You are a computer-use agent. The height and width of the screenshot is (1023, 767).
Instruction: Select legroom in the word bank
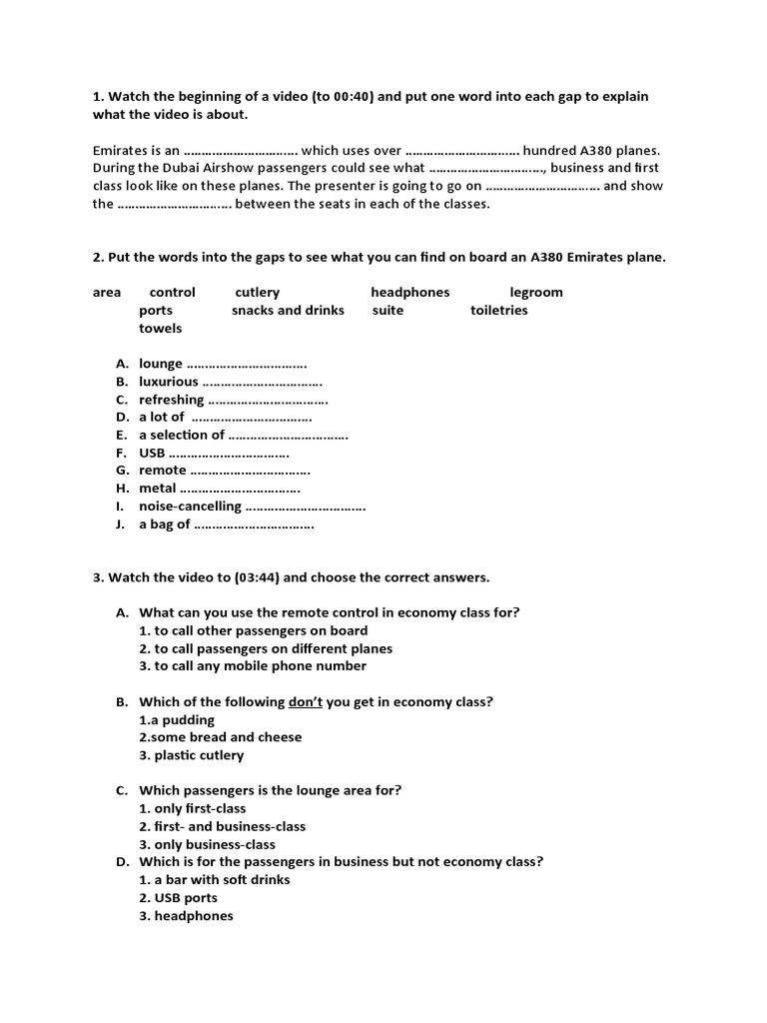(x=536, y=293)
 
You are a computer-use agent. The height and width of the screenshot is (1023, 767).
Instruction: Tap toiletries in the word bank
(x=498, y=311)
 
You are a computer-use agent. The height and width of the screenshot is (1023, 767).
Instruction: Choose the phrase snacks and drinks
(x=288, y=311)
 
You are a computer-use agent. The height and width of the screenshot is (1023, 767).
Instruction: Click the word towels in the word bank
(x=160, y=329)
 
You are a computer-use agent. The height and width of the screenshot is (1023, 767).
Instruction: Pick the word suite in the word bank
(x=387, y=311)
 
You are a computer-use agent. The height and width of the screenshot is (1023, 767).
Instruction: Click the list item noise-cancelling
(x=190, y=507)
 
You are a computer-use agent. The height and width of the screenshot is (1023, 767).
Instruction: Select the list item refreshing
(x=171, y=400)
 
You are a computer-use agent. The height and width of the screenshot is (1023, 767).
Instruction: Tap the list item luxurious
(x=168, y=382)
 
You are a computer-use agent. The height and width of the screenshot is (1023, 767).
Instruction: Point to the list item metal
(x=157, y=489)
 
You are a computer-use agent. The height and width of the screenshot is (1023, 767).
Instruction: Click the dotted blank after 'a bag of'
(x=254, y=524)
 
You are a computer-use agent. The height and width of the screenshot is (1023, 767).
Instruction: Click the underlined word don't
(x=305, y=702)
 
